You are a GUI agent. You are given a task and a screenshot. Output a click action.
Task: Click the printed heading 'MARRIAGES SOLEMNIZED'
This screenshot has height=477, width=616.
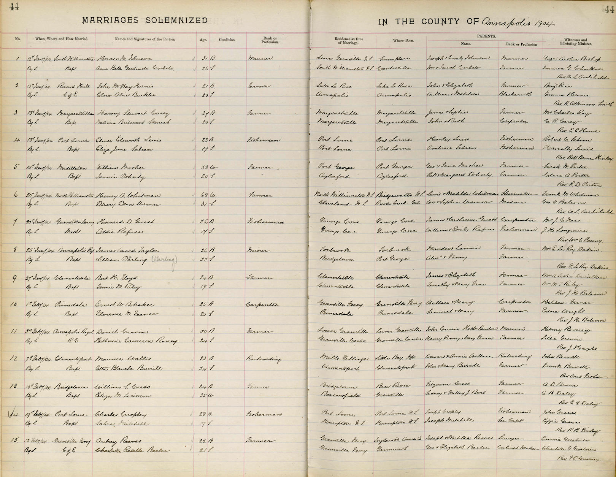click(145, 21)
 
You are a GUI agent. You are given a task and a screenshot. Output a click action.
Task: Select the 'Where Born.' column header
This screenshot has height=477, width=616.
click(403, 41)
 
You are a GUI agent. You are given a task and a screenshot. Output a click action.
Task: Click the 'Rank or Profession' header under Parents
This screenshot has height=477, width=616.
click(521, 44)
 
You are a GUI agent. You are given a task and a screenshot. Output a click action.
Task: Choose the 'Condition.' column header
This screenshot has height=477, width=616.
click(227, 40)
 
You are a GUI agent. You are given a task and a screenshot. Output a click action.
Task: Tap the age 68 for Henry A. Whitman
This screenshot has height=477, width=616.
click(203, 196)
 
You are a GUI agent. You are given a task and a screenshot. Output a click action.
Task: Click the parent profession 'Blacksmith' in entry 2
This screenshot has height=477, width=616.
click(515, 94)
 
